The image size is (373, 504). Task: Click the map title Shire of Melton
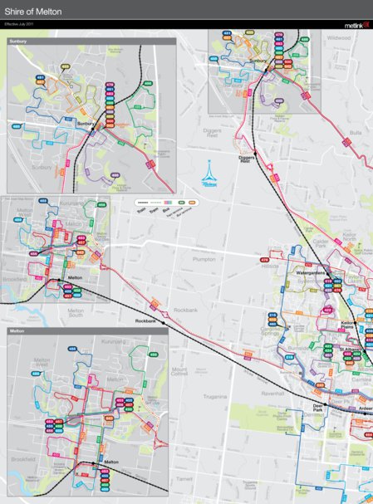33,12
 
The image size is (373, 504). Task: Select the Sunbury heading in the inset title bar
18,41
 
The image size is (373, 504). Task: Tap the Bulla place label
356,132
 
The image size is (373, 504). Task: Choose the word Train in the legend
141,211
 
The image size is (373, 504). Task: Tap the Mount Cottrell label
179,371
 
